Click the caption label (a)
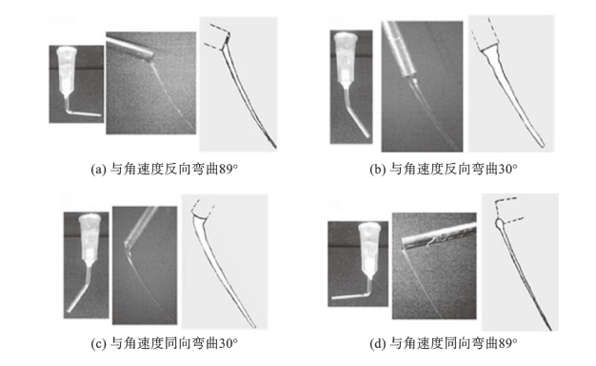99,169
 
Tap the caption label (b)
378,169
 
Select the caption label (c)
99,343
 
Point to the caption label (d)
378,343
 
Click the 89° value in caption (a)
228,169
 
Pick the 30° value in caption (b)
507,169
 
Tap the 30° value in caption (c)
228,343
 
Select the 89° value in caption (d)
507,343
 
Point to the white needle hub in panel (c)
90,239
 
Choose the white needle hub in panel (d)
369,252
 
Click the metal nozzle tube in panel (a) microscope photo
130,47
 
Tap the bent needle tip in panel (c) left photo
79,295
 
